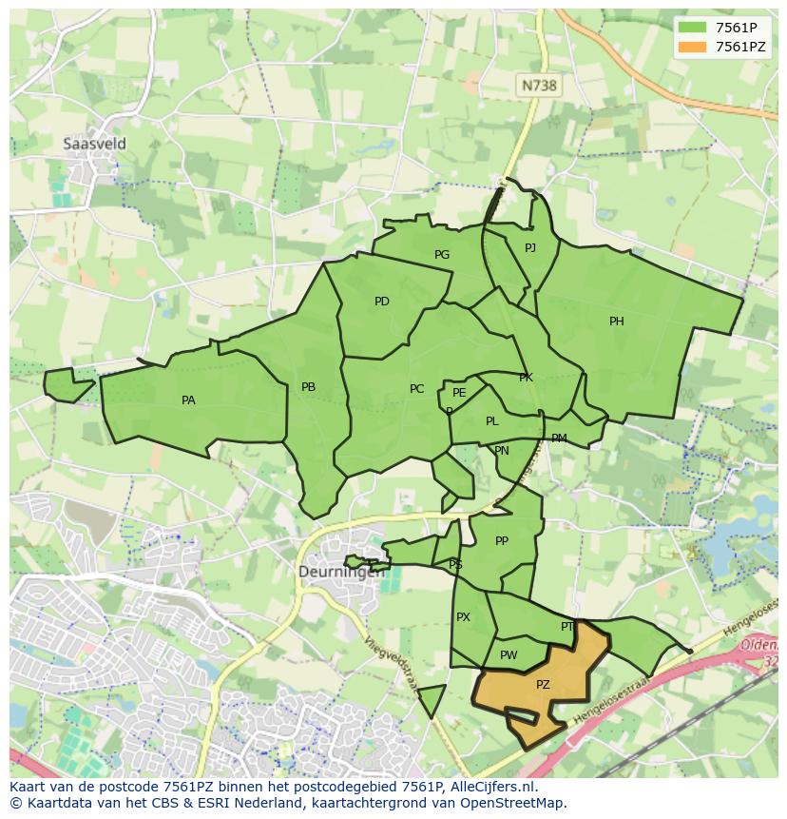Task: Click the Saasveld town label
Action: tap(94, 144)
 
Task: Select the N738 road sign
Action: tap(539, 86)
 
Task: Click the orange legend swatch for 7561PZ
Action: tap(693, 47)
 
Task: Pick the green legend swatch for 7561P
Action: tap(693, 28)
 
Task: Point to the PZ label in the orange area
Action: tap(543, 685)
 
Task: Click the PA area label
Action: tap(188, 400)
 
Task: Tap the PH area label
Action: tap(617, 322)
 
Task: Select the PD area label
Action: tap(382, 302)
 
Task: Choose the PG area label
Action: tap(442, 255)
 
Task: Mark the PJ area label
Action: tap(530, 248)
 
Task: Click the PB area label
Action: tap(308, 387)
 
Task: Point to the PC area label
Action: tap(416, 389)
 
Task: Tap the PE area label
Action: tap(459, 393)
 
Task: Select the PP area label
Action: tap(502, 541)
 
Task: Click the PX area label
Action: tap(463, 617)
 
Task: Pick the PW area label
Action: tap(509, 655)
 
